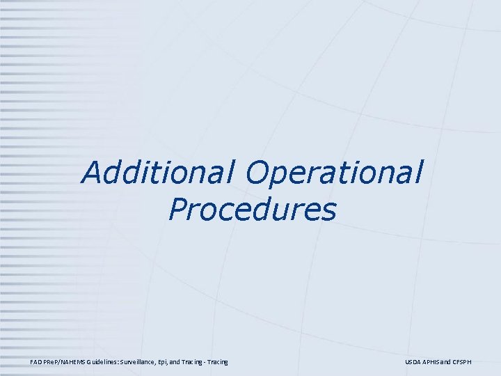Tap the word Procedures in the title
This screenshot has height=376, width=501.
tap(252, 209)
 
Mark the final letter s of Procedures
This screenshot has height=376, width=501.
tap(330, 211)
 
